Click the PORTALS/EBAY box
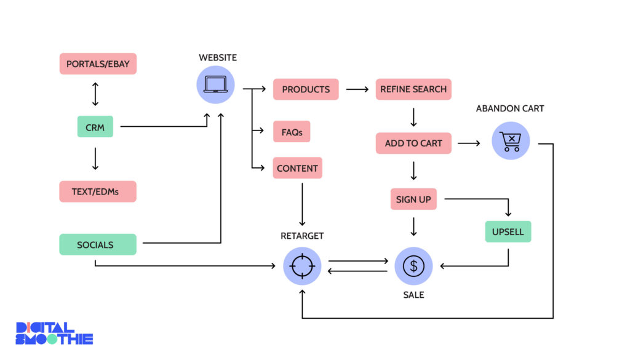tap(98, 64)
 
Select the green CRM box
tap(95, 127)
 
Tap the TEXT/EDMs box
tap(98, 191)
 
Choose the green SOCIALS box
tap(98, 244)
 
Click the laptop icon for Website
tap(215, 84)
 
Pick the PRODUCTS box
tap(306, 89)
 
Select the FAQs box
tap(292, 132)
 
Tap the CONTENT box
tap(297, 168)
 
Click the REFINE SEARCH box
tap(413, 89)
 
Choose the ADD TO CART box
tap(413, 143)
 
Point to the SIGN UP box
tap(413, 199)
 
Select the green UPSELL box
tap(508, 231)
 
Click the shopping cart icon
tap(511, 141)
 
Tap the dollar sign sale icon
tap(413, 266)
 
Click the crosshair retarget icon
tap(302, 266)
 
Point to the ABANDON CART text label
tap(510, 109)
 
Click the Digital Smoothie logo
tap(54, 333)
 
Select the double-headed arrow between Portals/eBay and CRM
tap(95, 95)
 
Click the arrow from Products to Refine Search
tap(357, 89)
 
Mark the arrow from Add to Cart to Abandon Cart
tap(469, 143)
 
